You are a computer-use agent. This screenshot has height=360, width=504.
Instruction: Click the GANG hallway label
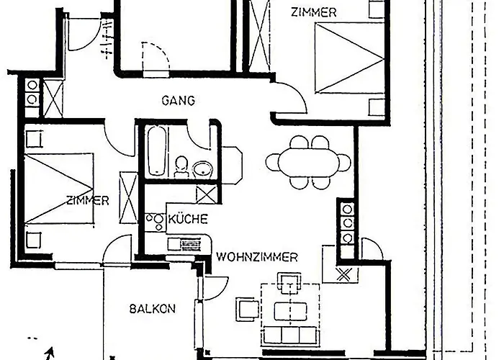coord(179,101)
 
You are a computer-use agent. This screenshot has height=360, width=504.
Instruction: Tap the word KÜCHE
coord(188,219)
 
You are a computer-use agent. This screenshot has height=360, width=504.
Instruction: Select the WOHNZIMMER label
coord(257,257)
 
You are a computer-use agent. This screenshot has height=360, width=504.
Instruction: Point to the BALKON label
coord(153,309)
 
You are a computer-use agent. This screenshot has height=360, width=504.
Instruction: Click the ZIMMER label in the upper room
coord(313,12)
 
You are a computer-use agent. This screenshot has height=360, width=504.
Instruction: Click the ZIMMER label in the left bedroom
coord(88,201)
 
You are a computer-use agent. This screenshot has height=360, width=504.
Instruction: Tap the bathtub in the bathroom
coord(158,150)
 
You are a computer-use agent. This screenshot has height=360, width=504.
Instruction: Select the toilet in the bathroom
coord(181,166)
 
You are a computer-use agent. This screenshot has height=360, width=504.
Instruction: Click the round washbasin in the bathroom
coord(203,168)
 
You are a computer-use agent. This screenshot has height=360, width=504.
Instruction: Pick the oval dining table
coord(309,162)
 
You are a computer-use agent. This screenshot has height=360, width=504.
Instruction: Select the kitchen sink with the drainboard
coord(186,245)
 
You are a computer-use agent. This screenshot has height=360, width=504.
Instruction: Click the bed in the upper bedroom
coord(350,58)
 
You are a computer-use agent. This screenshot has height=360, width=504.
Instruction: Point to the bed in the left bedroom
coord(59,189)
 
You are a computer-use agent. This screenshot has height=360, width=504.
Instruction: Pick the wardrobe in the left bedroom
coord(128,198)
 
